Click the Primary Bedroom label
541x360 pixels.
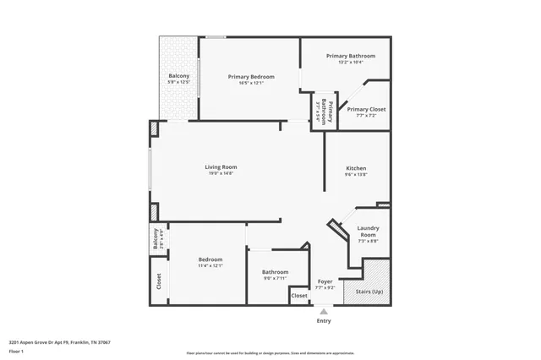tap(251, 77)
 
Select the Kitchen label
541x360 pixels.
tap(356, 168)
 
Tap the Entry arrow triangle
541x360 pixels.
tap(323, 311)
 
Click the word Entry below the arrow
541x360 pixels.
tap(324, 321)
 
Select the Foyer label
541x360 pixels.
tap(325, 281)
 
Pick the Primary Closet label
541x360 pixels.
tap(367, 109)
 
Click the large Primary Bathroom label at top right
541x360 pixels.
tap(351, 56)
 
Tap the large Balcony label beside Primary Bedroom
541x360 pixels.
tap(178, 76)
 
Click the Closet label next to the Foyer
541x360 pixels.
tap(299, 296)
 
